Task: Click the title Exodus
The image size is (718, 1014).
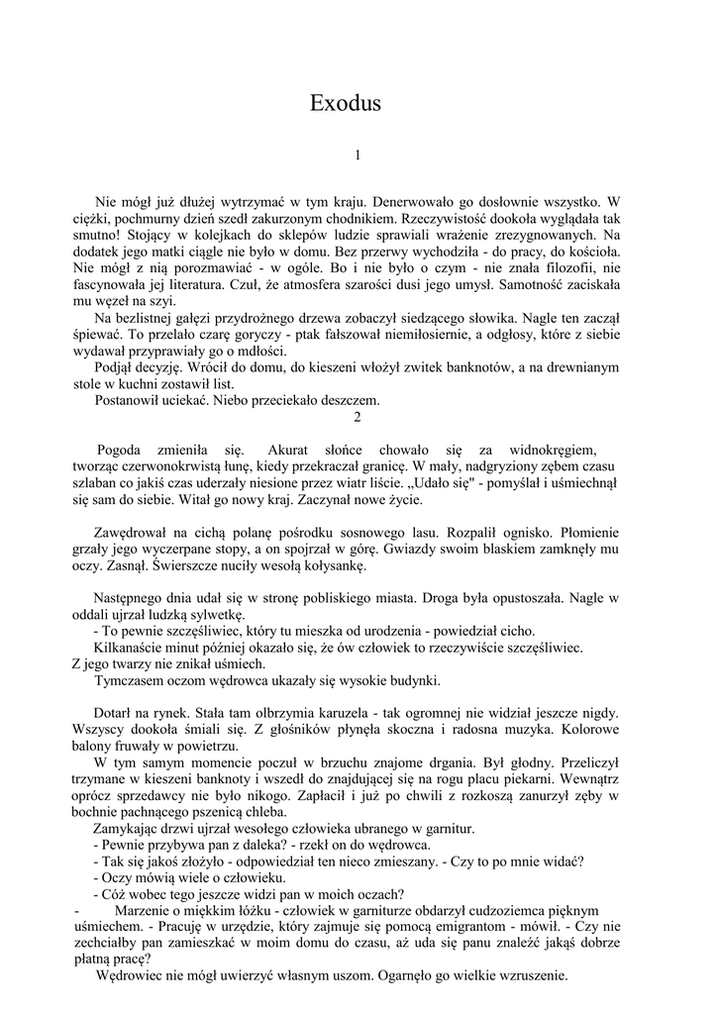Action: pos(346,104)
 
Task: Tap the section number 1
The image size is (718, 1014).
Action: pos(358,155)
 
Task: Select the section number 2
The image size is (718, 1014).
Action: pos(358,418)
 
